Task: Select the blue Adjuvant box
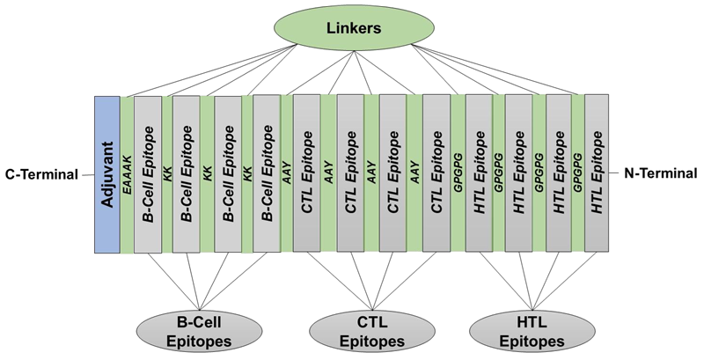point(106,174)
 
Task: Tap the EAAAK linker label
point(127,174)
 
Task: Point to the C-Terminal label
point(40,174)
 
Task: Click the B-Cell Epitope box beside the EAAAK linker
point(147,174)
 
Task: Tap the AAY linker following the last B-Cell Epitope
point(288,174)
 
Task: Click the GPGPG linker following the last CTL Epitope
point(458,174)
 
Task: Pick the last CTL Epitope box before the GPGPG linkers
point(436,174)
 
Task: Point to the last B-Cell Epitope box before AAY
point(267,174)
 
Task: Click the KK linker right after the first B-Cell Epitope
point(167,174)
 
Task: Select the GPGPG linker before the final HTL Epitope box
point(579,174)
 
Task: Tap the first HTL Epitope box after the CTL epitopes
point(478,174)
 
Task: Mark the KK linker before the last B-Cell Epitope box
point(246,174)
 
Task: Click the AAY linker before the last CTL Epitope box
point(414,174)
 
